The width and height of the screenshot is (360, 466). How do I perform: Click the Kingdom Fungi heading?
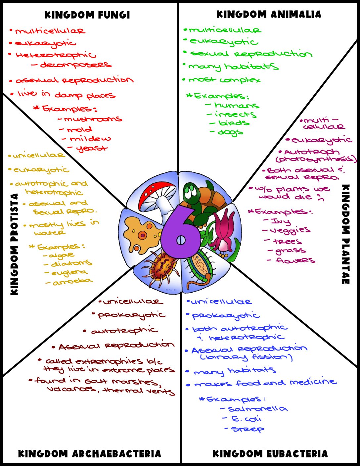87,15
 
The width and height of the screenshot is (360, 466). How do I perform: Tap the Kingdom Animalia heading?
269,14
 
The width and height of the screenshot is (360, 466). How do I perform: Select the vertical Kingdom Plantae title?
345,234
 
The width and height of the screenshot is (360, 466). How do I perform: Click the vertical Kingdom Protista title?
14,244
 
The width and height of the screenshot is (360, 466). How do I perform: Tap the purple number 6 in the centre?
180,232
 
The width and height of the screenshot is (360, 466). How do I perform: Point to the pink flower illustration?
224,227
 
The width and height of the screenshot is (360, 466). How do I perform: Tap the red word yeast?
92,148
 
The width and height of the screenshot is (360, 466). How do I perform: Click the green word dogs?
230,132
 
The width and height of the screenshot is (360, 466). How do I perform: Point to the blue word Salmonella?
257,409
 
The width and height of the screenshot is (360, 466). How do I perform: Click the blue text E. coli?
247,419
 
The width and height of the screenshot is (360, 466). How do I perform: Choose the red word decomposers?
76,65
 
